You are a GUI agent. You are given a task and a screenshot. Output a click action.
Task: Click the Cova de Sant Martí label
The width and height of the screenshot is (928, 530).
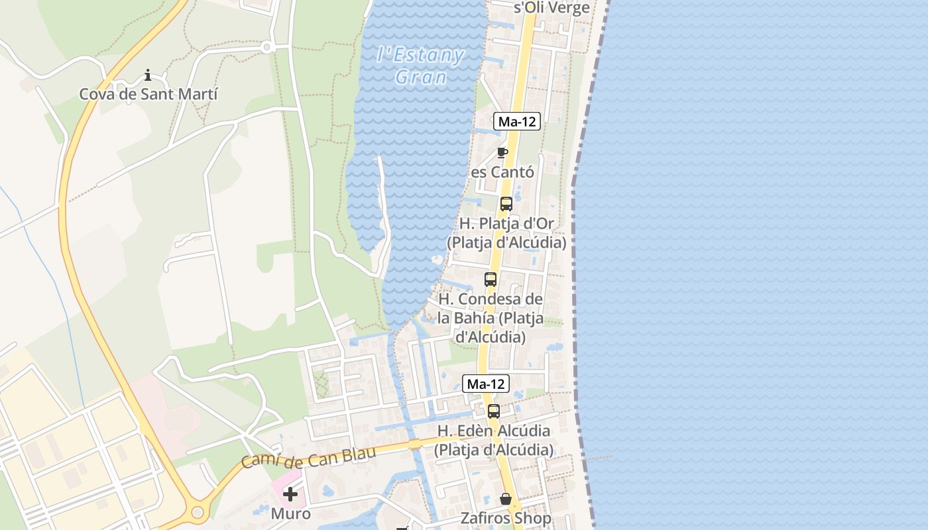148,94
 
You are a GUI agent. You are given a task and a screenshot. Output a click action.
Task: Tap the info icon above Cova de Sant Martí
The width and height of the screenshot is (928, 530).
148,75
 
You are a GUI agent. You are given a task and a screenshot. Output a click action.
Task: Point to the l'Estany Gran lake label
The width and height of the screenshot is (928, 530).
420,65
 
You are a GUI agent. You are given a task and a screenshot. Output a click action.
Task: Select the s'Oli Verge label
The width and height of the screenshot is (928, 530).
551,8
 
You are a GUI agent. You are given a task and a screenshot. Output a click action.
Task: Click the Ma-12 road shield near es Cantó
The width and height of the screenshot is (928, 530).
517,121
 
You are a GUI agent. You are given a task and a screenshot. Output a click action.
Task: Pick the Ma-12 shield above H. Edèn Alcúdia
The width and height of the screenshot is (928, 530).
486,384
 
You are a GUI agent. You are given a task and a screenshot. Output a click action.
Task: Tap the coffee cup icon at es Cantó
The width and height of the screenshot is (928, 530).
502,153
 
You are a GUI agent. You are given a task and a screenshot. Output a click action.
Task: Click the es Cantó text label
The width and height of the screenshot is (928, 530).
502,172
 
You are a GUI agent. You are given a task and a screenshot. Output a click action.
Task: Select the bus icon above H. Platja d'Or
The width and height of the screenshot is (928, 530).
506,204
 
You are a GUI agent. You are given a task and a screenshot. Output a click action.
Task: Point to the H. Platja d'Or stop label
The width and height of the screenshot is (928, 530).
506,233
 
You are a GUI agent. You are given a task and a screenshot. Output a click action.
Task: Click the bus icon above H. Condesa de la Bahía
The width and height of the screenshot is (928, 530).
491,280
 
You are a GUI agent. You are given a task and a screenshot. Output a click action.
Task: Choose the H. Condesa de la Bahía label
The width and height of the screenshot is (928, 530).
491,318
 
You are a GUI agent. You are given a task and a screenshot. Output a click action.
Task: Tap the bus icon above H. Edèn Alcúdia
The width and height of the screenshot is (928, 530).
494,411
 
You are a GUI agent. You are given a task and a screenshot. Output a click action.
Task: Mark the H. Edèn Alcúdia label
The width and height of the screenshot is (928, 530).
493,440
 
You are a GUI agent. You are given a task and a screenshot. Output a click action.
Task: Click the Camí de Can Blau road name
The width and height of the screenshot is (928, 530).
308,457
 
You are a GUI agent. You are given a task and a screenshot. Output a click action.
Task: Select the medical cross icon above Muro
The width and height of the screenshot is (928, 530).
290,494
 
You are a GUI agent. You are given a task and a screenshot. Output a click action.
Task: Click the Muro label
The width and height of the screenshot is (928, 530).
290,513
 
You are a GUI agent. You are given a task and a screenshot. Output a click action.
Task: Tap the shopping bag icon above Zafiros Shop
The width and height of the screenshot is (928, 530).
506,499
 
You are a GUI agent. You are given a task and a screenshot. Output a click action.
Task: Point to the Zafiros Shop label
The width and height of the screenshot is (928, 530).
506,518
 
